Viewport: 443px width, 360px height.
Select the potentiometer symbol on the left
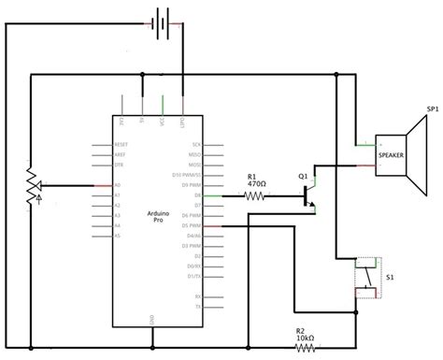coord(32,184)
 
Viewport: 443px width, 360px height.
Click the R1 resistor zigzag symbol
coord(254,196)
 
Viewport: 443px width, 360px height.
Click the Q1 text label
coord(303,175)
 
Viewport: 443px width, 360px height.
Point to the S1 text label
coord(389,278)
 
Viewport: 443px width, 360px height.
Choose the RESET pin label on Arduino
coord(121,144)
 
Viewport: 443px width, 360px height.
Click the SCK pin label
coord(195,144)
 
